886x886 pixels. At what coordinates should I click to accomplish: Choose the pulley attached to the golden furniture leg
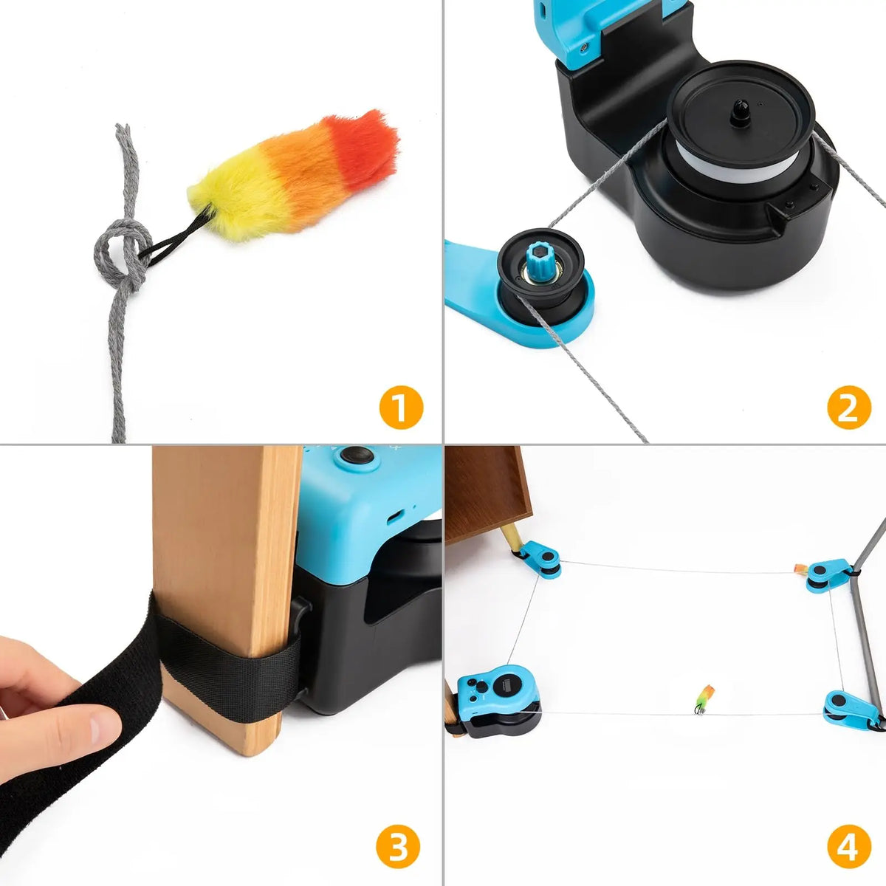[x=540, y=558]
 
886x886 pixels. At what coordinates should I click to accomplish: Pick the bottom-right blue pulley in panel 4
[x=849, y=709]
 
